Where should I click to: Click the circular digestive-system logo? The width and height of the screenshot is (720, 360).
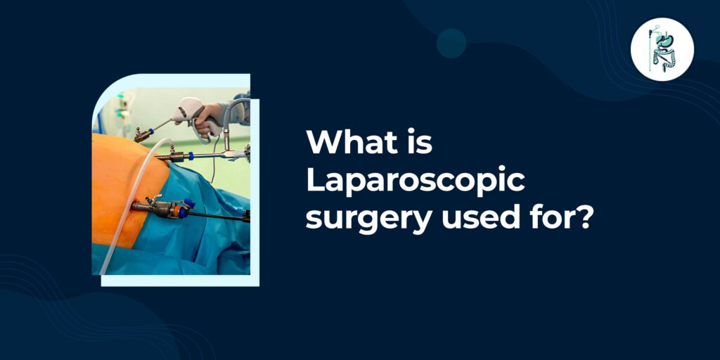[x=662, y=49]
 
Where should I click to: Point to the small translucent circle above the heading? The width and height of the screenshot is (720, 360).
[x=451, y=43]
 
